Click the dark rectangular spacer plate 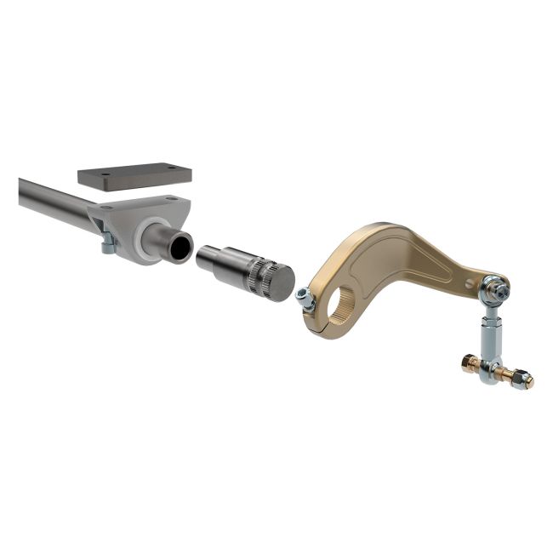[x=134, y=176]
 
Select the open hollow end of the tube [x=180, y=247]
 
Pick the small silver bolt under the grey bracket [x=106, y=246]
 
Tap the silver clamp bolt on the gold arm [x=304, y=296]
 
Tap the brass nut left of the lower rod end [x=469, y=363]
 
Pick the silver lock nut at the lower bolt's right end [x=527, y=380]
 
